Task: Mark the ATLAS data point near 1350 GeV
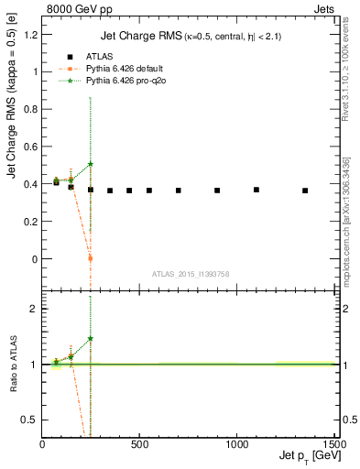coord(305,191)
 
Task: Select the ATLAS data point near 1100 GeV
coord(256,190)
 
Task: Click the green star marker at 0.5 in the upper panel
coord(91,164)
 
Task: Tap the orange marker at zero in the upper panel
coord(91,258)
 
